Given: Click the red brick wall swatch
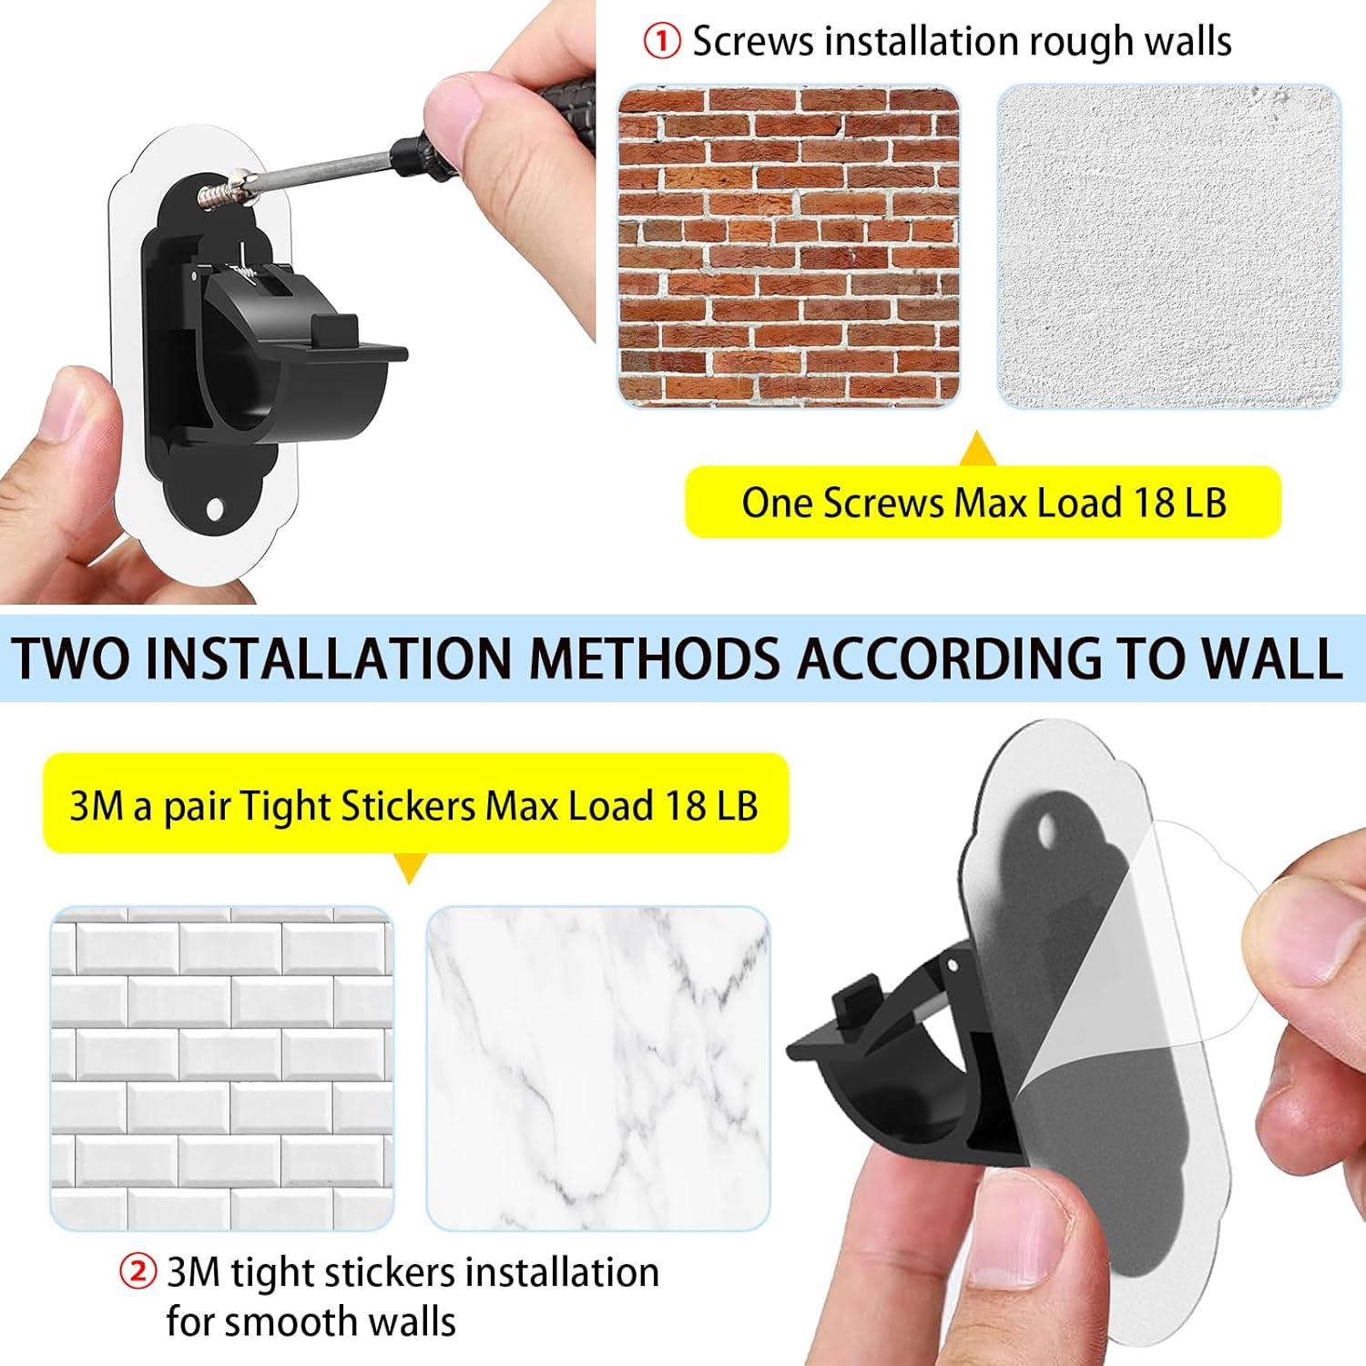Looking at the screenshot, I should click(789, 246).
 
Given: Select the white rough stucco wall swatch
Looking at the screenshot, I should click(1169, 246).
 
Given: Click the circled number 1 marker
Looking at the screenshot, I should click(661, 43).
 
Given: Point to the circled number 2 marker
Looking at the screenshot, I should click(138, 1271).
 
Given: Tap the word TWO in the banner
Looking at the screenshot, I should click(74, 658).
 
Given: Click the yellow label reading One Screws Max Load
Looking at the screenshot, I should click(983, 502).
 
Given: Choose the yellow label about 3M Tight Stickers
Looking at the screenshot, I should click(414, 805).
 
